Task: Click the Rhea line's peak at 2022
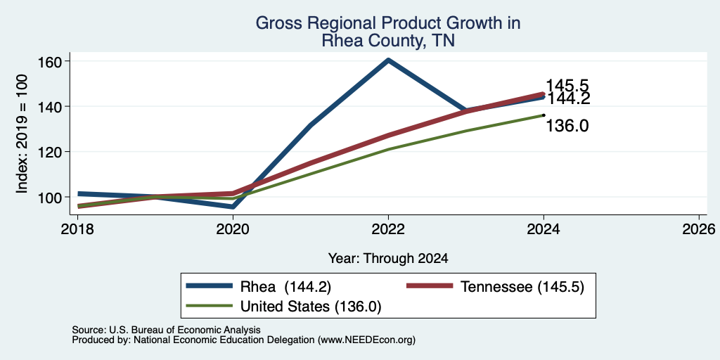click(x=388, y=60)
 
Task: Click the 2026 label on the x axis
click(x=698, y=229)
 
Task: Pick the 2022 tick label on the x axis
click(x=388, y=229)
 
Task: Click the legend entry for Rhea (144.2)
click(x=259, y=287)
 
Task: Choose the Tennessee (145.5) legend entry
click(x=496, y=287)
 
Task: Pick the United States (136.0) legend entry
click(x=284, y=307)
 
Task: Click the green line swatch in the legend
click(x=209, y=306)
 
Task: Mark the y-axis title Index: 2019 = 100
click(x=22, y=134)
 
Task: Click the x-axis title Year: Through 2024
click(x=388, y=259)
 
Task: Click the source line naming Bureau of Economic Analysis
click(x=166, y=330)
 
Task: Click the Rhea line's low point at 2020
click(x=233, y=207)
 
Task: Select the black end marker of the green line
click(x=544, y=115)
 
